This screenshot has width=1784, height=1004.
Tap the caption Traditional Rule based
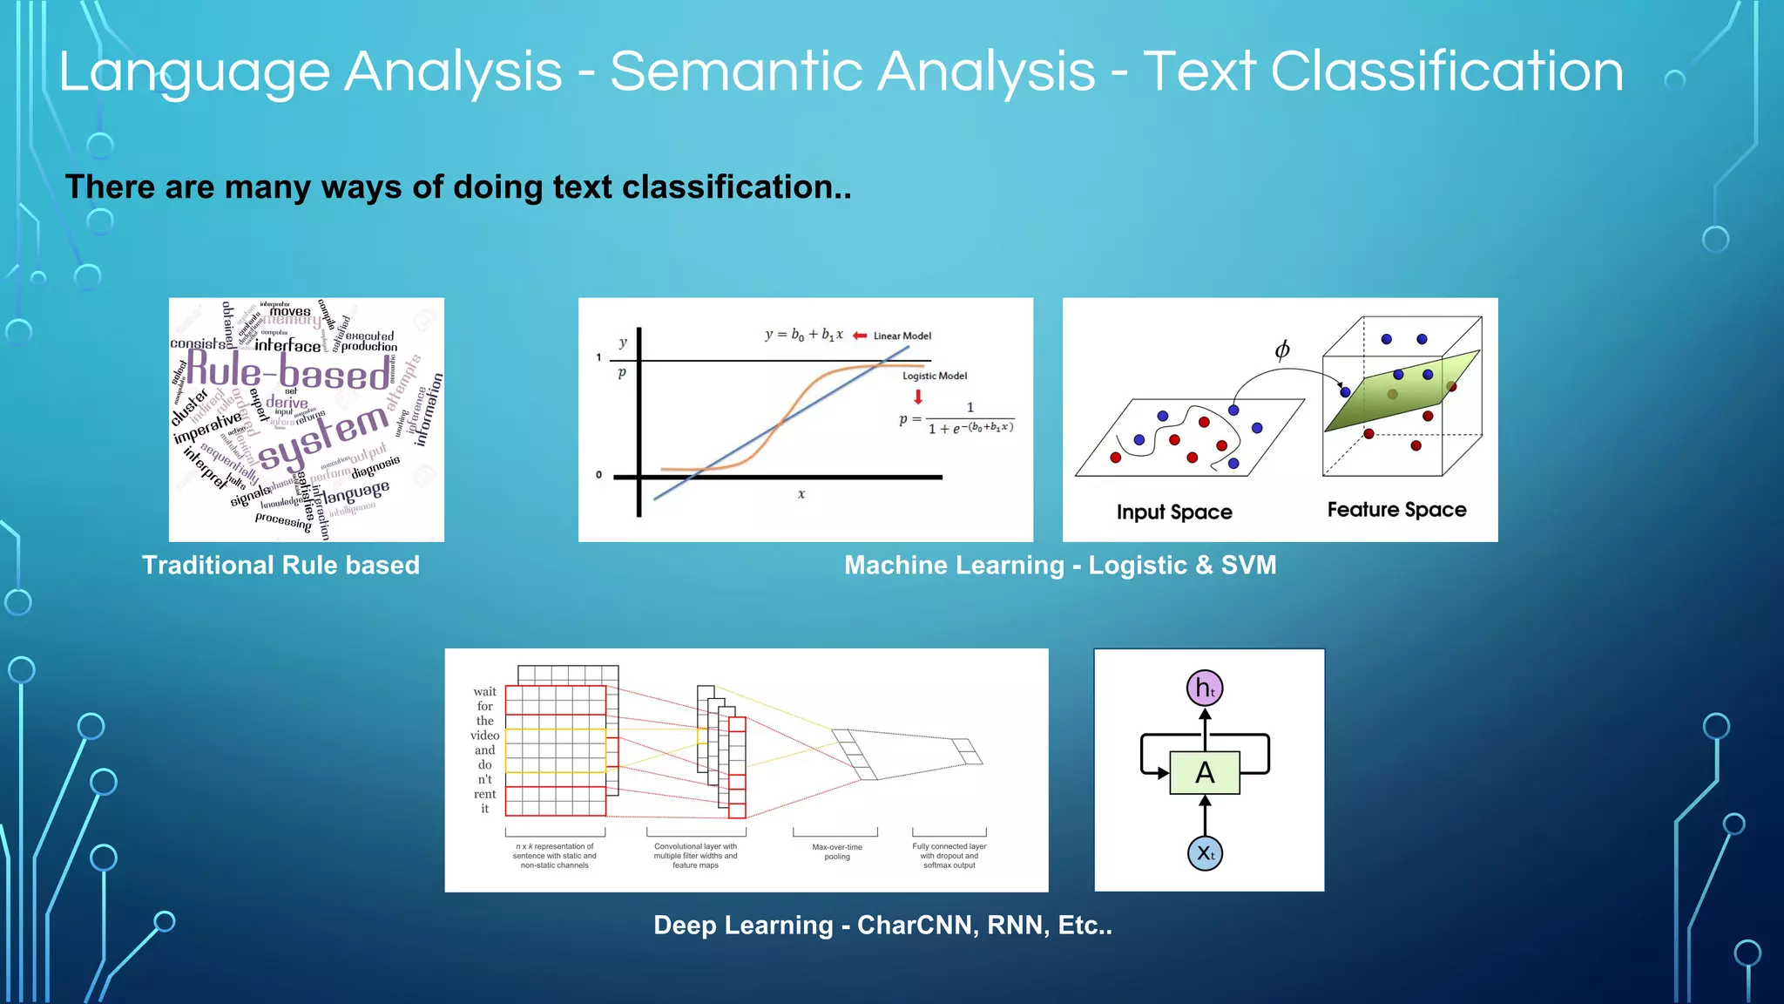280,566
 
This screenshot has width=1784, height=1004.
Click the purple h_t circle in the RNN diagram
1205,688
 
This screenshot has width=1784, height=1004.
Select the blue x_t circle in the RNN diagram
1205,853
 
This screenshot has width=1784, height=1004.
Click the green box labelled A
1205,772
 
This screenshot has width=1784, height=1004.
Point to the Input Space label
1174,512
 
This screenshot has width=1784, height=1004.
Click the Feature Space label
1396,510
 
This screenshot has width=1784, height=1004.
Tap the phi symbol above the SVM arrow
1281,350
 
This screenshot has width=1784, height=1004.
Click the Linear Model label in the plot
902,336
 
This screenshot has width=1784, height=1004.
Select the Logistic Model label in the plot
934,376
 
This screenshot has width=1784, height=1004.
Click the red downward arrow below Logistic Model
917,397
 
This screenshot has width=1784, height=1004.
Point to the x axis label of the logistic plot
801,494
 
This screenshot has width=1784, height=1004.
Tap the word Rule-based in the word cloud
288,372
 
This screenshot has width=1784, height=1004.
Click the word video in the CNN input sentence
484,736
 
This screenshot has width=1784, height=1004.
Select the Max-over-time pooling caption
836,851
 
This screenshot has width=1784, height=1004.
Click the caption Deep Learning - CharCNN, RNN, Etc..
882,926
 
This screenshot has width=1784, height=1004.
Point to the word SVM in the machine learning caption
1248,566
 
